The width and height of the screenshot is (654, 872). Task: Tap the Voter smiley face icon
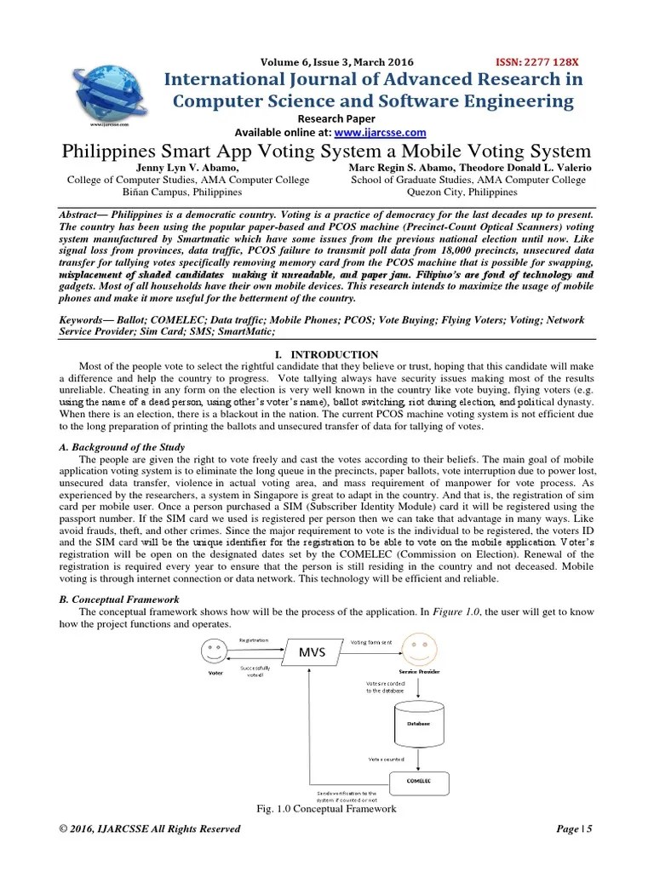click(215, 654)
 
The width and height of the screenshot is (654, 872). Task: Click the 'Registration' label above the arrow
click(254, 640)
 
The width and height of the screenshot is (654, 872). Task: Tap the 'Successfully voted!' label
click(256, 673)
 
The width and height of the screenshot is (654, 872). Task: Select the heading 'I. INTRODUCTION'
click(327, 354)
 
